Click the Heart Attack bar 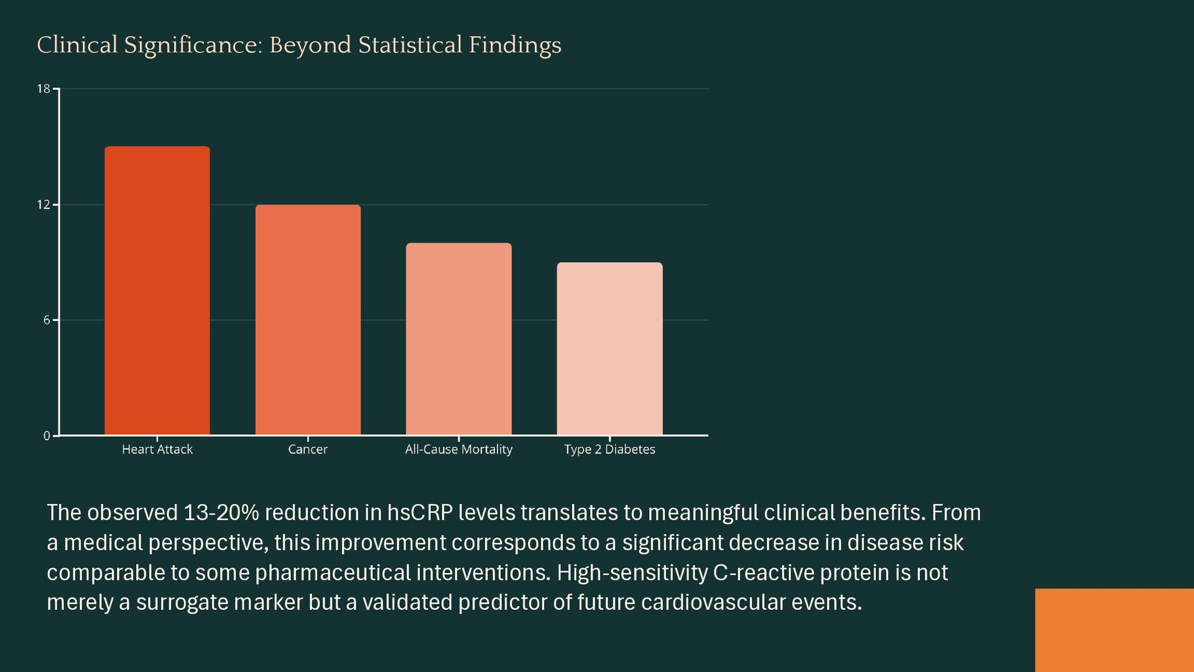pos(157,291)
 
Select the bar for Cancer pos(308,320)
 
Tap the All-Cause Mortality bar pos(458,339)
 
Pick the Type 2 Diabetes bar pos(609,348)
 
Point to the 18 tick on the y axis pos(43,89)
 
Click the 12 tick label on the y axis pos(43,205)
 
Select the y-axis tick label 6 pos(47,320)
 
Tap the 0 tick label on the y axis pos(47,436)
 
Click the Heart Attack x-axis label pos(157,449)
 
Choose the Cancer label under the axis pos(308,449)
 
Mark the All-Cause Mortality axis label pos(458,449)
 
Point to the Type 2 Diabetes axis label pos(609,449)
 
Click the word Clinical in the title pos(77,45)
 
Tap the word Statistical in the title pos(410,45)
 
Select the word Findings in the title pos(515,45)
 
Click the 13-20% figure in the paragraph pos(221,513)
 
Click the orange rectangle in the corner pos(1114,630)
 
